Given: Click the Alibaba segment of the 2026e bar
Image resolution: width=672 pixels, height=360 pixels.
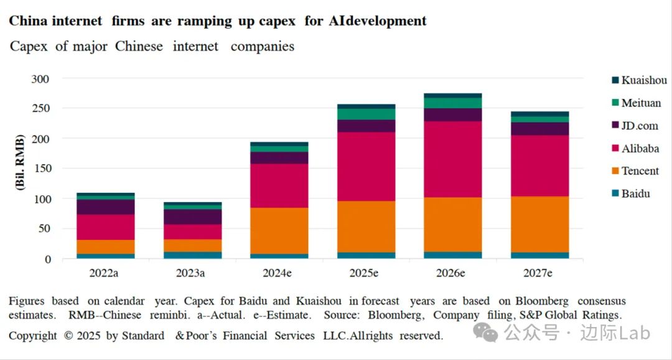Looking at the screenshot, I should pyautogui.click(x=452, y=159).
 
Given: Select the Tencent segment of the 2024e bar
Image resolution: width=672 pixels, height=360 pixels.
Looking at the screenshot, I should pyautogui.click(x=279, y=231).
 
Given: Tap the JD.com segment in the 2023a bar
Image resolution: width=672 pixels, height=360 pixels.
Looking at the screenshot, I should pyautogui.click(x=193, y=217).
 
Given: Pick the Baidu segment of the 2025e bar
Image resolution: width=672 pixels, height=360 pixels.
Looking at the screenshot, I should pyautogui.click(x=366, y=256).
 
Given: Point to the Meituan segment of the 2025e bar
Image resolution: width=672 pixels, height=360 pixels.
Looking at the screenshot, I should pyautogui.click(x=366, y=114).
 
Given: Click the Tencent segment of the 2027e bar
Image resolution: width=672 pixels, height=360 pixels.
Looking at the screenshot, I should pyautogui.click(x=539, y=224).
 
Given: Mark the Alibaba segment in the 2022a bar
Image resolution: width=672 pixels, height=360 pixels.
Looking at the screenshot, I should pyautogui.click(x=106, y=227).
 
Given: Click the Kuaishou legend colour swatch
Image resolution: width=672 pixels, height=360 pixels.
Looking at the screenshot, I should pyautogui.click(x=615, y=80).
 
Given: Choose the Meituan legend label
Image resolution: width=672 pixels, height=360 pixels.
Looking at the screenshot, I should pyautogui.click(x=641, y=103).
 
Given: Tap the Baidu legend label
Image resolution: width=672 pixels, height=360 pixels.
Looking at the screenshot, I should pyautogui.click(x=635, y=193).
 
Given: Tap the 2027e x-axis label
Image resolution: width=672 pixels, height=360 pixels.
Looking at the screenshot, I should pyautogui.click(x=539, y=273).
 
